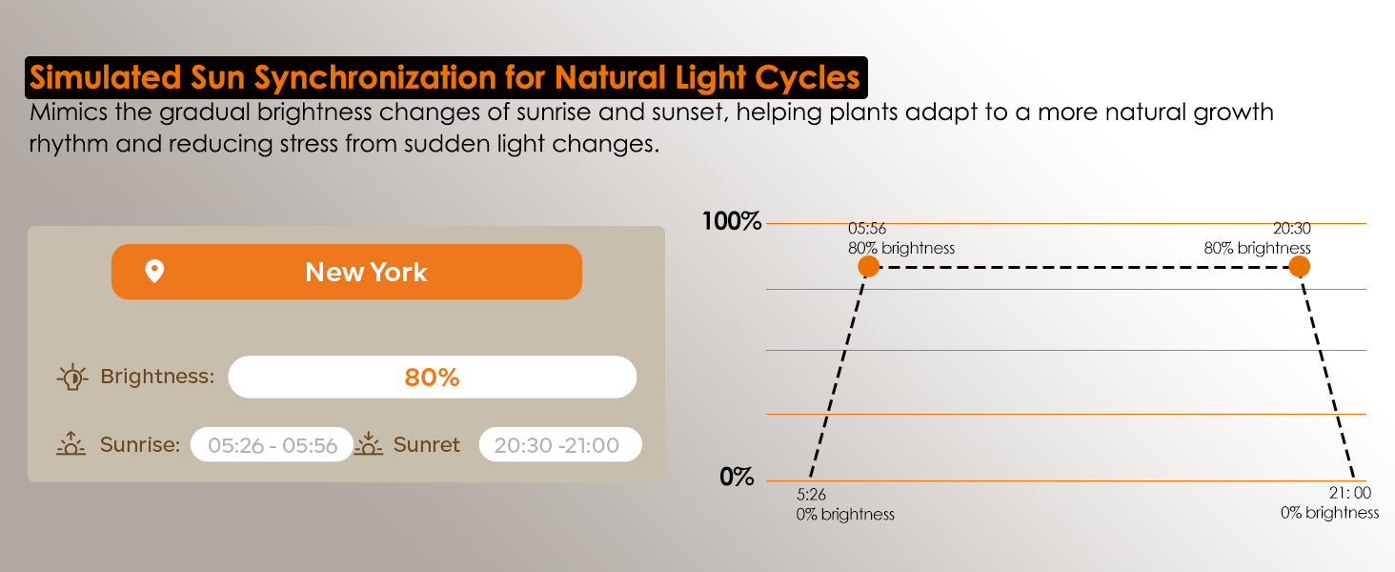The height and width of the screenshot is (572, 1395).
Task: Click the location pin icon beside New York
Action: [x=154, y=271]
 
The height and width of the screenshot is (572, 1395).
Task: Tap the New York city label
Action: [x=366, y=273]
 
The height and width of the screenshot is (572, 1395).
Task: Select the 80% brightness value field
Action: [x=433, y=377]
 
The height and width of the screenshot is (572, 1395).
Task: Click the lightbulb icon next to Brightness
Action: [x=72, y=377]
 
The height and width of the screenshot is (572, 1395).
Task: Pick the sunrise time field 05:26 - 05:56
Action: [x=273, y=445]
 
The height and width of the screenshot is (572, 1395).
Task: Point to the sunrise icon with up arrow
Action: [x=71, y=443]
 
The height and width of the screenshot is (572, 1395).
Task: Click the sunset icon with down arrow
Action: [x=368, y=443]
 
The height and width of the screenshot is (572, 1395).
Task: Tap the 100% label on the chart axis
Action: [x=732, y=221]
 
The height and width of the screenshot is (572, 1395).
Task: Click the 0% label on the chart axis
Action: [x=737, y=478]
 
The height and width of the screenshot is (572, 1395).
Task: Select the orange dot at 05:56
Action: [x=869, y=267]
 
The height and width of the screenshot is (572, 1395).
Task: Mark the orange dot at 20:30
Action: [x=1299, y=267]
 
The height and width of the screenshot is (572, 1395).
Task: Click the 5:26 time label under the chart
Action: [x=811, y=495]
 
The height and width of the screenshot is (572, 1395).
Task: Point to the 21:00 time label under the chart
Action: [x=1350, y=493]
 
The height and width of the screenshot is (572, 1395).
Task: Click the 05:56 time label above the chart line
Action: [x=867, y=229]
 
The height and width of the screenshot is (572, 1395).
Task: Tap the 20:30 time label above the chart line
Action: [x=1292, y=229]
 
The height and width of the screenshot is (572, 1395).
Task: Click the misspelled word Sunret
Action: [x=427, y=445]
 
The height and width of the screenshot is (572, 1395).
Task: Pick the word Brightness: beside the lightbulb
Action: [x=157, y=377]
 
